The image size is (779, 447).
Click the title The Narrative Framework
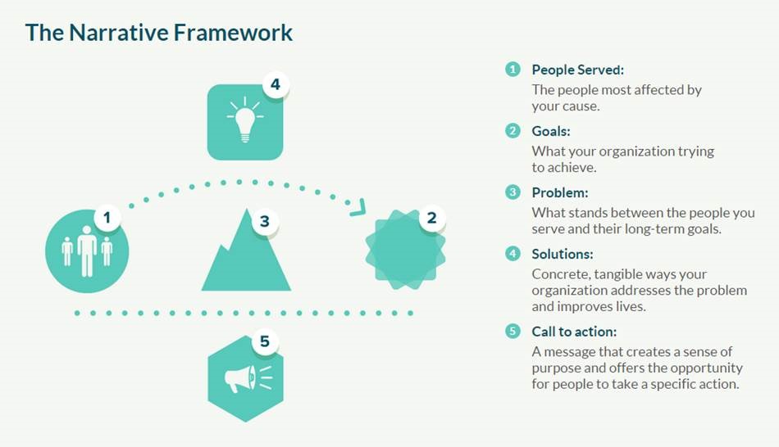(x=158, y=33)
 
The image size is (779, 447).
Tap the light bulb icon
(x=245, y=119)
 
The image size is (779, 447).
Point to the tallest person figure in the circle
(x=87, y=251)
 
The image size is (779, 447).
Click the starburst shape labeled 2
(x=405, y=250)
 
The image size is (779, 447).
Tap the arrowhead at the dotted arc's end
(x=358, y=207)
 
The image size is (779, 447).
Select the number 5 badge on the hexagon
(x=264, y=341)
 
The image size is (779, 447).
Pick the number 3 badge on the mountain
(x=264, y=221)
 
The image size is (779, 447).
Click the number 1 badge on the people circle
(x=107, y=217)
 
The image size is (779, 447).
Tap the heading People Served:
(x=578, y=70)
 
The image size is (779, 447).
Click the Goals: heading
(x=551, y=132)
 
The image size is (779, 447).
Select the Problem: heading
(x=560, y=192)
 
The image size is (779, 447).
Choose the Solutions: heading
(x=563, y=254)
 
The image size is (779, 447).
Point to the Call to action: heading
(x=574, y=332)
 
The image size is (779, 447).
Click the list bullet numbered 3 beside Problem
(x=512, y=192)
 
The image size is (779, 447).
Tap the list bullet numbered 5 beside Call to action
(x=512, y=331)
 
